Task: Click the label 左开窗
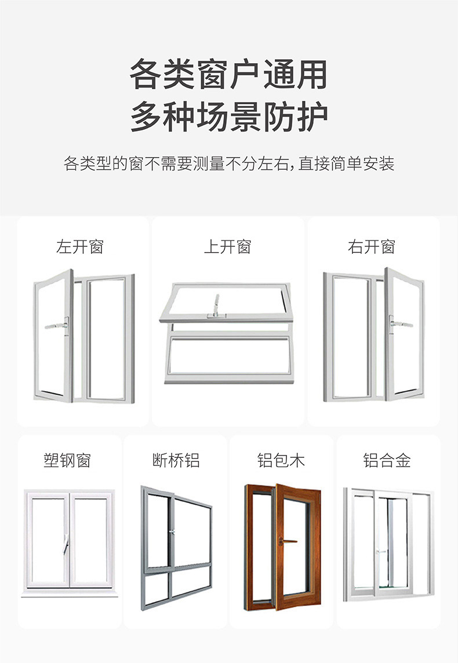pos(79,247)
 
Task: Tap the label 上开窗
pos(227,247)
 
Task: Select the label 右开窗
pos(372,247)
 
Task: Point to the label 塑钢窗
pos(67,461)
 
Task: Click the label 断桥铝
pos(176,461)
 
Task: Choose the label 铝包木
pos(281,461)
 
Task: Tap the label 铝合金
pos(387,461)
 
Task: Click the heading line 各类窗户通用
pos(228,75)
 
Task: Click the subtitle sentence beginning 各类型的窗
pos(228,164)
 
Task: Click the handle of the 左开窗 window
pos(58,325)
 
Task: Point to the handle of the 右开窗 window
pos(400,322)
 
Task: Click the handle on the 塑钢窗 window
pos(68,543)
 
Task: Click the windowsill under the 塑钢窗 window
pos(70,594)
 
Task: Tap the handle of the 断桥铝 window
pos(172,532)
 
